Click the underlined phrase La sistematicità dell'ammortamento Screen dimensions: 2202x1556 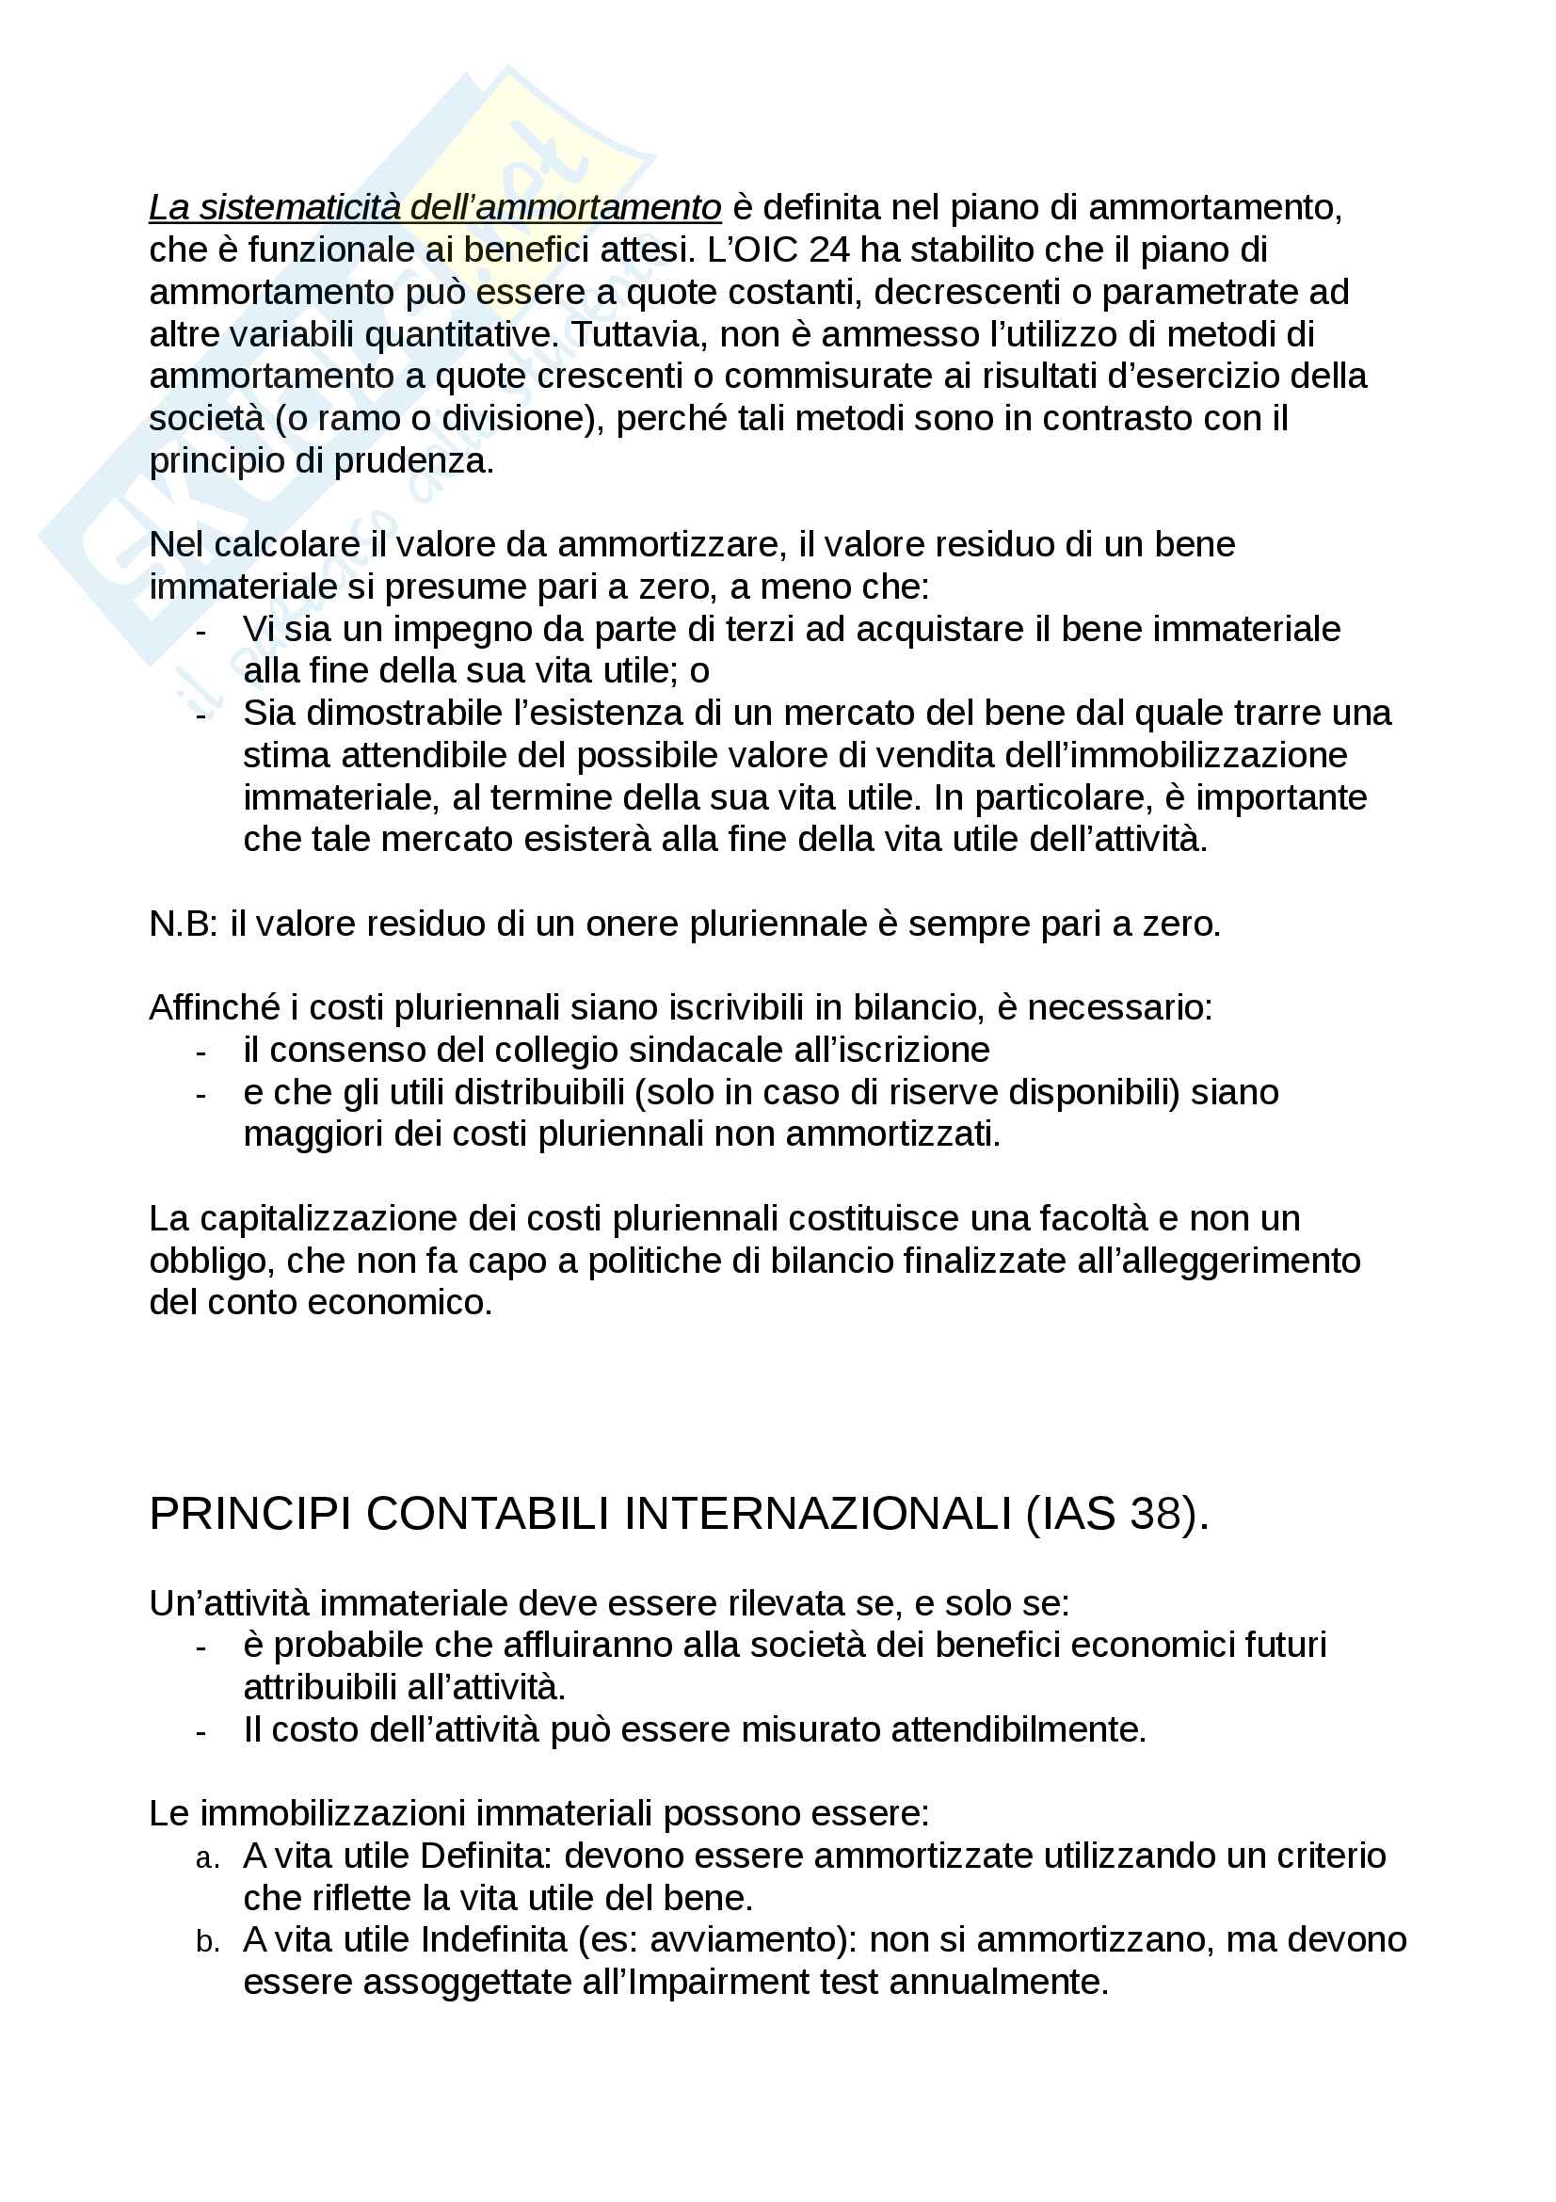coord(434,207)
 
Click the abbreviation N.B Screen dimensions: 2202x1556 coord(183,924)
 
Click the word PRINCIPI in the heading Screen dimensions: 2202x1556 coord(250,1515)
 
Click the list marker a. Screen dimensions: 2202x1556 coord(207,1858)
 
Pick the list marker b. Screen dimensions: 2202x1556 coord(207,1942)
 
